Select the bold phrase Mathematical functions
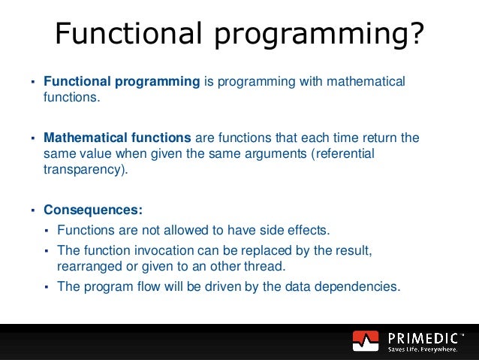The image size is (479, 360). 118,138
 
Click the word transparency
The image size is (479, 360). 83,169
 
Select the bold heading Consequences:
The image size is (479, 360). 92,210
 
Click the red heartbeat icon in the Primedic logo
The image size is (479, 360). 366,341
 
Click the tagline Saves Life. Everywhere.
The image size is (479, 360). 423,349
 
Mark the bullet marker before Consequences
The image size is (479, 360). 33,210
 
